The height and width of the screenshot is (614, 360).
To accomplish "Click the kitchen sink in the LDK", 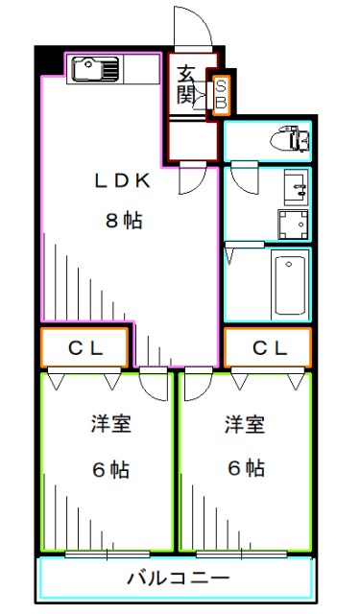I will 94,69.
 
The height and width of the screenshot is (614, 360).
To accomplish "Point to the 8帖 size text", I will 124,221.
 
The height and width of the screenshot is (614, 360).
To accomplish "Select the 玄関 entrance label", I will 186,83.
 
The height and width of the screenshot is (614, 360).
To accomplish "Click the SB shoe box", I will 220,93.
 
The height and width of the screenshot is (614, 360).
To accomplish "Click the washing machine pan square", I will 292,224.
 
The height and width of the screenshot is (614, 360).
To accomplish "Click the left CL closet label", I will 84,348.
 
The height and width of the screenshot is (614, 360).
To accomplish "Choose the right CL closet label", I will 269,348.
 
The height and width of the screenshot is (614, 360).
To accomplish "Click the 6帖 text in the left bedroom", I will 108,470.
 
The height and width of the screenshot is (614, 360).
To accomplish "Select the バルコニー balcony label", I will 179,579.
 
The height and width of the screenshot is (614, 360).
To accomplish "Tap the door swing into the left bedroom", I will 152,383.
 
